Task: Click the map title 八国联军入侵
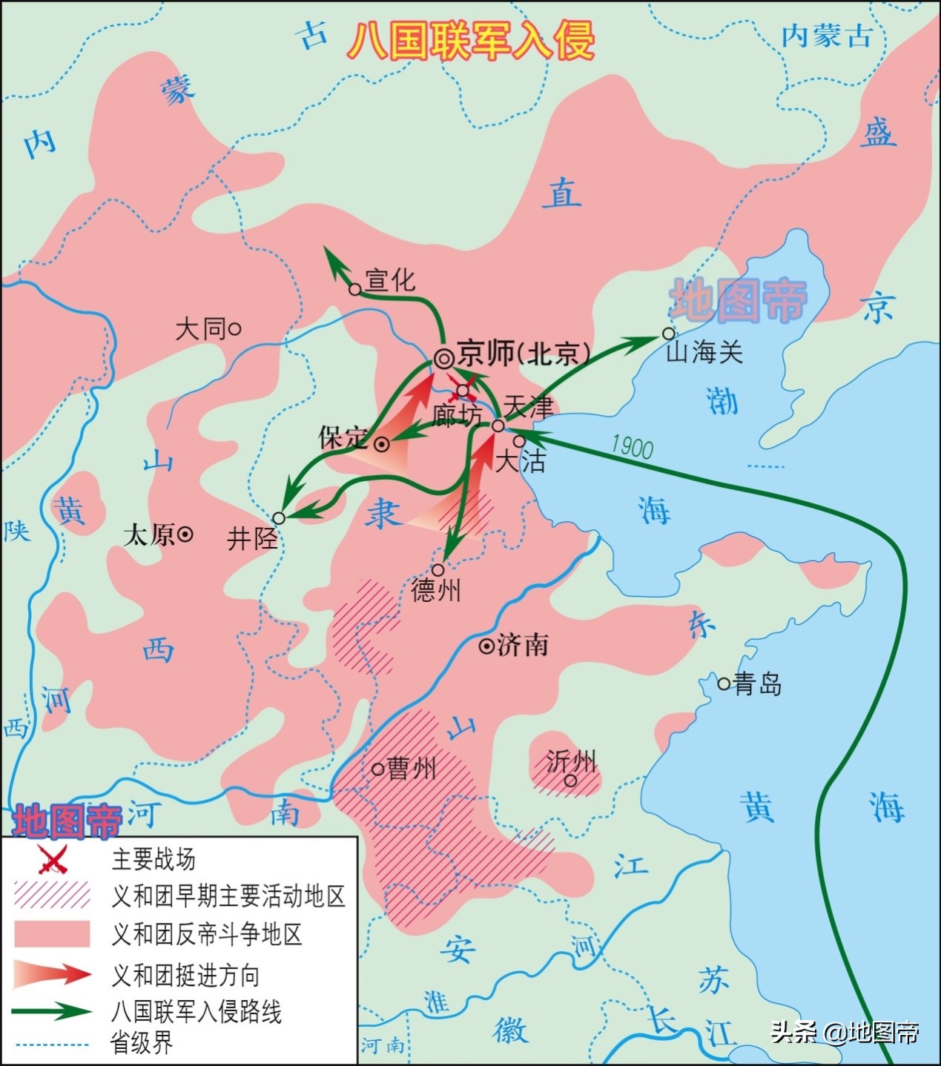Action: [472, 41]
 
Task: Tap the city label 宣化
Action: [390, 280]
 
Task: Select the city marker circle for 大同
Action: [236, 328]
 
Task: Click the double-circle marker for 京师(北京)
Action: [444, 360]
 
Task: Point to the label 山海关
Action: [704, 351]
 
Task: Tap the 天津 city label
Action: [528, 407]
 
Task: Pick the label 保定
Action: [343, 438]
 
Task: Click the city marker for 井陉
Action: [279, 518]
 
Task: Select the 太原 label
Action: [149, 534]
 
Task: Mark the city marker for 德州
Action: [438, 570]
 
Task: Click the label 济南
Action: [524, 645]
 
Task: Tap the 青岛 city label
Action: [757, 683]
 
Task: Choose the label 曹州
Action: [412, 769]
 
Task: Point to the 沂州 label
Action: [571, 762]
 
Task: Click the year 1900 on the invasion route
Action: [632, 447]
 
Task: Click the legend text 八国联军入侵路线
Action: [197, 1011]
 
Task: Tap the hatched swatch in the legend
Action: [52, 895]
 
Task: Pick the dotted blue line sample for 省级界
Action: [52, 1045]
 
